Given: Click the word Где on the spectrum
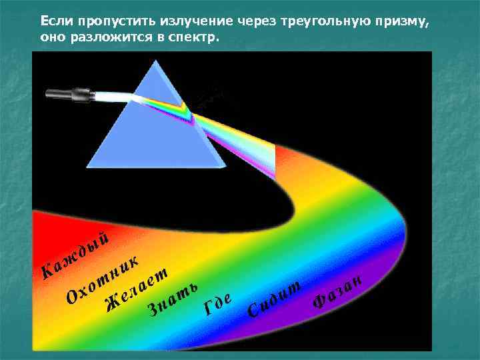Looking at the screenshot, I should point(218,304).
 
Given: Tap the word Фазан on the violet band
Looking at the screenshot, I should point(337,292).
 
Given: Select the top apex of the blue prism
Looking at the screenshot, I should point(159,61).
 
